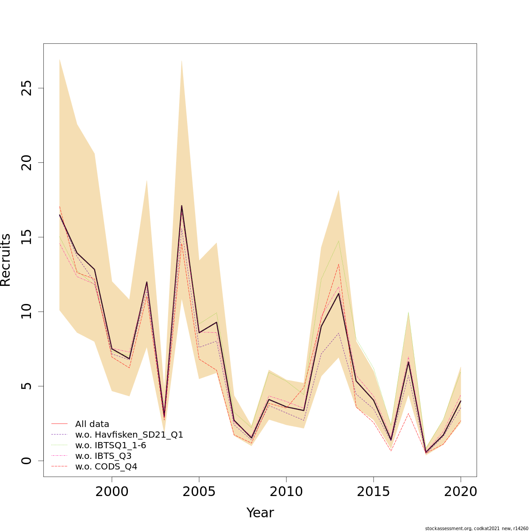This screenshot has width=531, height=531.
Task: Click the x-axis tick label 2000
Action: coord(112,492)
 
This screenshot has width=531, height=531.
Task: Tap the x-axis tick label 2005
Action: coord(199,492)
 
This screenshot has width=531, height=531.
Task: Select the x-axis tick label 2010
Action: coord(286,492)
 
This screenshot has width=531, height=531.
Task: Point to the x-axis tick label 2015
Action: coord(373,492)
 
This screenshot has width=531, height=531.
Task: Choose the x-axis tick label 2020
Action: coord(461,492)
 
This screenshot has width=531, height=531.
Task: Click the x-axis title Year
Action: coord(260,513)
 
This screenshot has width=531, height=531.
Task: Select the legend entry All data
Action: coord(92,424)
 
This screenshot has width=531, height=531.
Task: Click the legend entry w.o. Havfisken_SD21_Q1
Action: coord(129,435)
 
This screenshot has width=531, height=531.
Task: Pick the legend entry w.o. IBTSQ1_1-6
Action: coord(111,445)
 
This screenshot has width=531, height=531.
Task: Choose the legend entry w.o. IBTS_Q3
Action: coord(103,456)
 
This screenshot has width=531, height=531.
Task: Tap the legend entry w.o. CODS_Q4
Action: coord(106,466)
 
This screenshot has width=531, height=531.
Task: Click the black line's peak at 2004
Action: coord(181,206)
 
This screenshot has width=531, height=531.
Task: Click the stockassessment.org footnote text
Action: coord(477,528)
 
